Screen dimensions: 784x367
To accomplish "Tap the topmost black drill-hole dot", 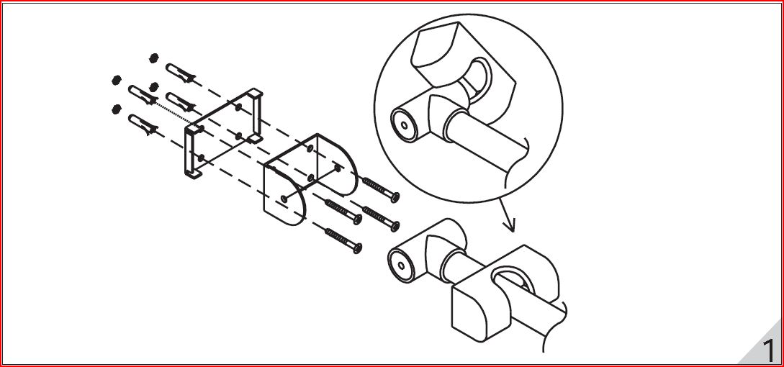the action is point(154,58).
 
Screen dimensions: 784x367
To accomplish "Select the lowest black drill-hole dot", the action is point(117,109).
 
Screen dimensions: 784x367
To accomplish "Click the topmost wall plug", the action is point(180,73).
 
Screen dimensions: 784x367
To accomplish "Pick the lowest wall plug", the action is point(143,124).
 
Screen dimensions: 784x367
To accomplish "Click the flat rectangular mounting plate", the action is point(223,132).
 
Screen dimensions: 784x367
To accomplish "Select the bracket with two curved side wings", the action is point(310,178).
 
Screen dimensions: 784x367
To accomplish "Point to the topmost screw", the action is point(379,190).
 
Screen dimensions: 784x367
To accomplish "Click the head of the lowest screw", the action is point(357,248).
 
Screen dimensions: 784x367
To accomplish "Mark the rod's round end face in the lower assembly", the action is point(400,265).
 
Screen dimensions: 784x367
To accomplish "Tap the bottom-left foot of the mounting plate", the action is point(192,173).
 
